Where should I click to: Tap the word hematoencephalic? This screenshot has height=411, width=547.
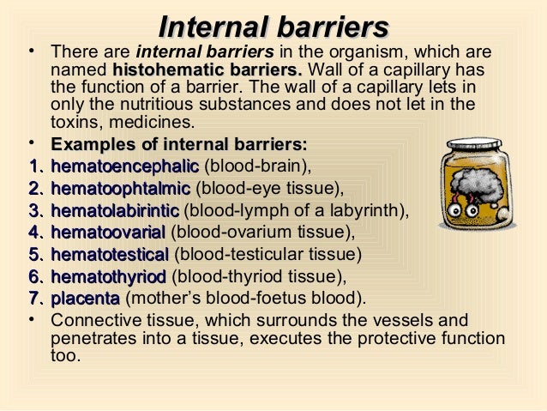(124, 166)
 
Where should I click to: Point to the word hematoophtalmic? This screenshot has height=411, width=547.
(122, 189)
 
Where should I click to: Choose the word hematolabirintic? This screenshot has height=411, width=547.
(116, 211)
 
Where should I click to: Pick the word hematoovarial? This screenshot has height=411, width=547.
(109, 233)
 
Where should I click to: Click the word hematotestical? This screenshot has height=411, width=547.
(111, 255)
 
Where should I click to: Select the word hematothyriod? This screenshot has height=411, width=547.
(109, 277)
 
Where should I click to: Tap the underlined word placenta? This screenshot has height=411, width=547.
(86, 299)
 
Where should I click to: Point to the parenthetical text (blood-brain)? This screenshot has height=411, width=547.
(257, 166)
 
